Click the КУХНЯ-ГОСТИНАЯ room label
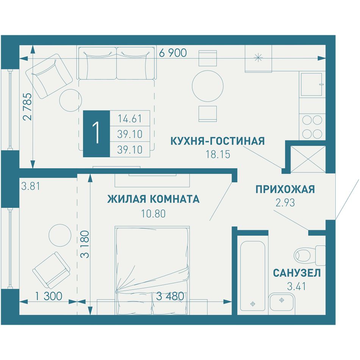coord(218,141)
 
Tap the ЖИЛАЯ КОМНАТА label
coord(153,199)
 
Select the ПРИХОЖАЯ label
coord(285,189)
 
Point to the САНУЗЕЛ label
coord(297,273)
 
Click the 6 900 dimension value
coord(173,53)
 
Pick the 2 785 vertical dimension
coord(28,106)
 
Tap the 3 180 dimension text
coord(85,244)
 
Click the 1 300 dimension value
coord(49,296)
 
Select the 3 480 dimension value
coord(170,296)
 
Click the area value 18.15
coord(218,154)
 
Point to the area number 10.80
coord(153,214)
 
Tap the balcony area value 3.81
coord(31,186)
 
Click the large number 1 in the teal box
coord(96,134)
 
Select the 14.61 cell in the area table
coord(130,119)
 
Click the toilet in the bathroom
coord(310,255)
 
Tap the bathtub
coord(252,276)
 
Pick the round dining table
coord(208,86)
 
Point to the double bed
coord(152,271)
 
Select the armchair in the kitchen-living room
coord(49,76)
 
